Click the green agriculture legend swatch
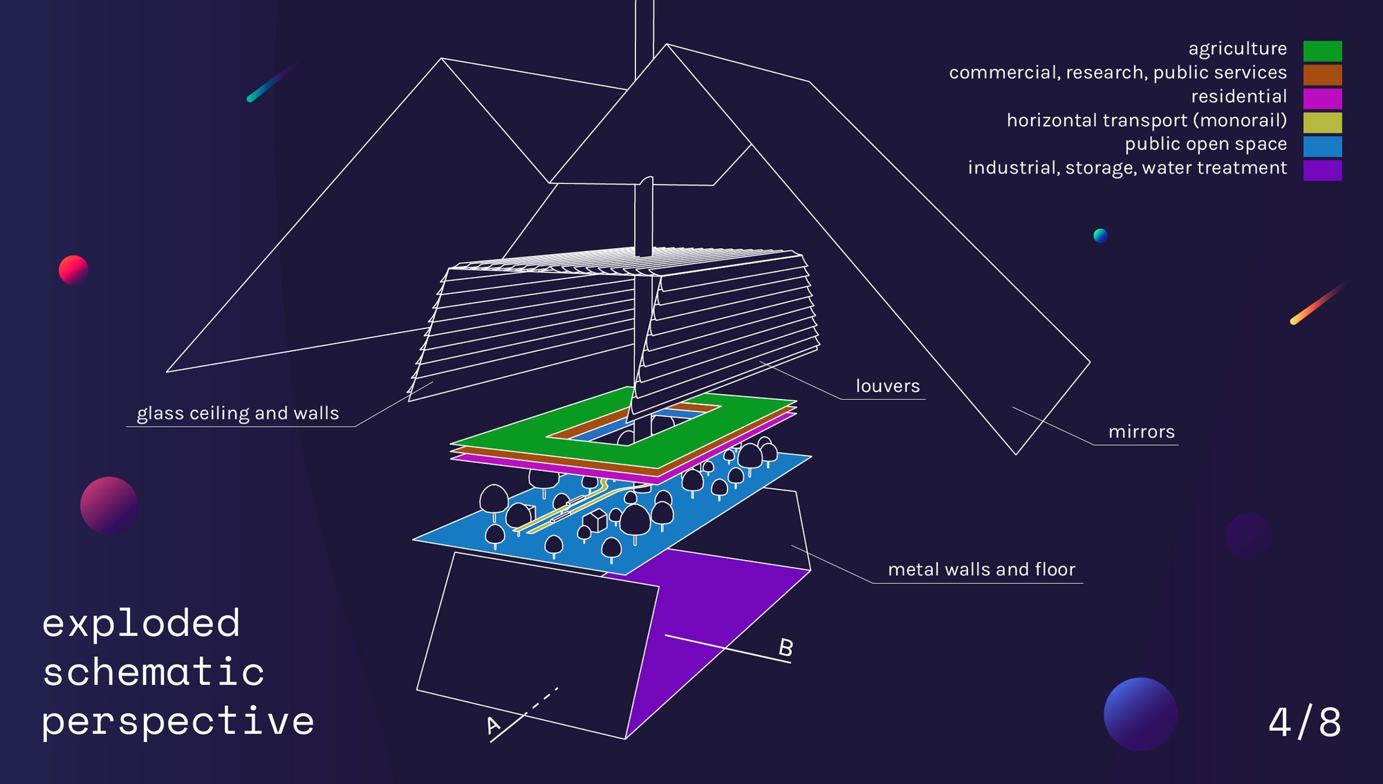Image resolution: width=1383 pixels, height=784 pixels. coord(1322,50)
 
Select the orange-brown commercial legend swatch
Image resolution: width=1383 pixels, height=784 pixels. coord(1322,75)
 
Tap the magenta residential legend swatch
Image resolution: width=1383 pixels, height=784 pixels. coord(1322,98)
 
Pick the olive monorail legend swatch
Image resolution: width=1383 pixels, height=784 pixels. coord(1322,122)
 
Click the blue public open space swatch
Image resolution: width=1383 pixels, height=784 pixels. coord(1322,146)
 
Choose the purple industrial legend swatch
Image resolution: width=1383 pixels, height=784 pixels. coord(1322,170)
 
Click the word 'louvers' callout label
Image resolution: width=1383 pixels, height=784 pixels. coord(888,386)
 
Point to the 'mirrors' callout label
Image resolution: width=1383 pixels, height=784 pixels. coord(1142,432)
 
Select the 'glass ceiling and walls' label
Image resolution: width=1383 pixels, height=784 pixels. coord(238,413)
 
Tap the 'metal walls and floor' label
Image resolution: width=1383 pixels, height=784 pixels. coord(982,569)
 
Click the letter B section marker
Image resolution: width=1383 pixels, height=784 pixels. coord(786,648)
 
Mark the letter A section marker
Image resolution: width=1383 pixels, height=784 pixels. coord(493,725)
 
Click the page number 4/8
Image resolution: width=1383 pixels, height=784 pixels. coord(1305,722)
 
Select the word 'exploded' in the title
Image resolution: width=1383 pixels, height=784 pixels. coord(141,623)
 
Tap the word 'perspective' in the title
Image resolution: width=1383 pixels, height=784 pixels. coord(178,722)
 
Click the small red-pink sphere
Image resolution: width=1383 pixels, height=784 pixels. coord(73,270)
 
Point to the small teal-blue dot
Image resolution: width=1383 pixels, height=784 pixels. coord(1100,235)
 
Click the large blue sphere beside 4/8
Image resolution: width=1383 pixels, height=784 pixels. coord(1140,714)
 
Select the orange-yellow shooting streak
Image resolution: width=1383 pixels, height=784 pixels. coord(1319,302)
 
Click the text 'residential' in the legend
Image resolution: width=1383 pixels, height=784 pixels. coord(1239,96)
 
